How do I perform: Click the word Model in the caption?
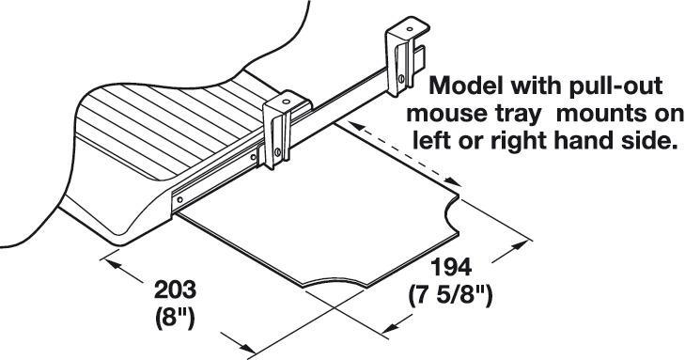[467, 87]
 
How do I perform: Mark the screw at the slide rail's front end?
[177, 199]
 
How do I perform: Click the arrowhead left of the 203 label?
[113, 264]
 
